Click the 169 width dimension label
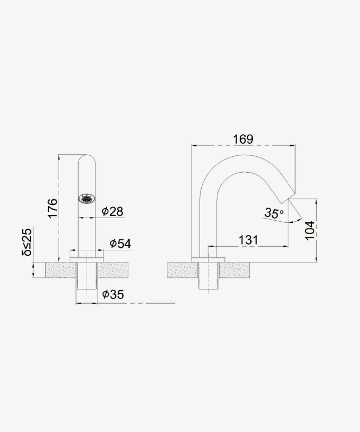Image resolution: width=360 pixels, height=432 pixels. pyautogui.click(x=243, y=139)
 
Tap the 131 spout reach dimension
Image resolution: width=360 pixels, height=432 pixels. pyautogui.click(x=248, y=239)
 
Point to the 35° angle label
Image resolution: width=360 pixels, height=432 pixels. pyautogui.click(x=274, y=213)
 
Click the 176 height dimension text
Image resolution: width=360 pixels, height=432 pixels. pyautogui.click(x=52, y=208)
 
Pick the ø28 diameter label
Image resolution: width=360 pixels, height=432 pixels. pyautogui.click(x=112, y=212)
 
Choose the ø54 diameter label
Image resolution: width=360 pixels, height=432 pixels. pyautogui.click(x=120, y=243)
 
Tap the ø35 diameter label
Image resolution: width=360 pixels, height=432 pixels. pyautogui.click(x=113, y=295)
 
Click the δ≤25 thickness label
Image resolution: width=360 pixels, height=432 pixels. pyautogui.click(x=27, y=241)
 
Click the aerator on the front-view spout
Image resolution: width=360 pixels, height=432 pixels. pyautogui.click(x=87, y=199)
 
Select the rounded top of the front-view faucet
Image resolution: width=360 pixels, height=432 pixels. pyautogui.click(x=87, y=158)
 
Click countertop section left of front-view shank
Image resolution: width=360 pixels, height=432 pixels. pyautogui.click(x=61, y=269)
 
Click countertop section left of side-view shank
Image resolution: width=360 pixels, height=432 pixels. pyautogui.click(x=183, y=269)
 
